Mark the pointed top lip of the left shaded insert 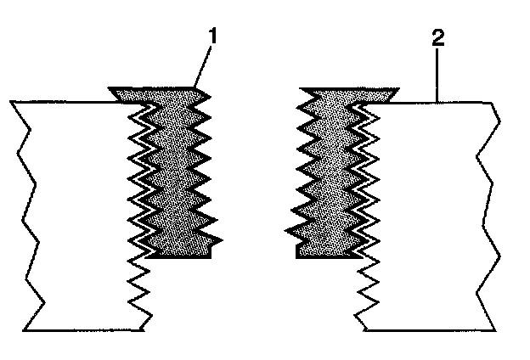coord(195,89)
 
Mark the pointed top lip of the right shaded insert coord(392,91)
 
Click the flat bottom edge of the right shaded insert coord(323,256)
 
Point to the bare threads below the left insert coord(140,289)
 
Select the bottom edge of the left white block coord(85,329)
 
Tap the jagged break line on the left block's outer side coord(25,212)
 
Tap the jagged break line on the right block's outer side coord(488,212)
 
